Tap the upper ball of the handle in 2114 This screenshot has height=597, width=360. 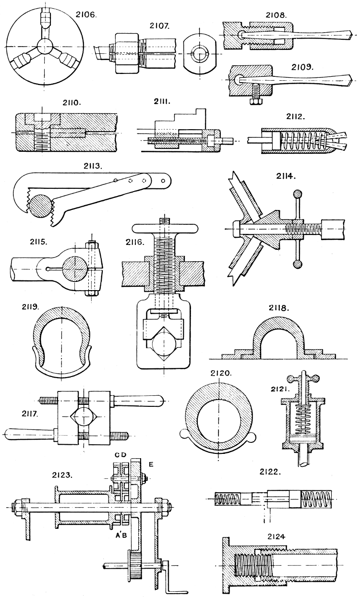click(298, 195)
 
